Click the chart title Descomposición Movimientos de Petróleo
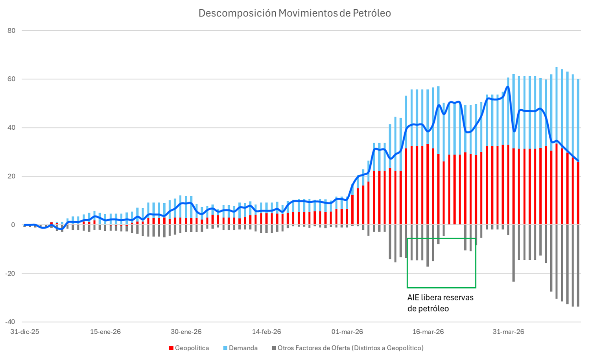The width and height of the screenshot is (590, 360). coord(295,13)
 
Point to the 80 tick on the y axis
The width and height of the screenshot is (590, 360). coord(12,31)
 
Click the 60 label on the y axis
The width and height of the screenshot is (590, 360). coord(12,79)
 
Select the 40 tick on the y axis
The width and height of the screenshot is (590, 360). coord(12,128)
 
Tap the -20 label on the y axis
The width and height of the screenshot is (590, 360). coord(11,274)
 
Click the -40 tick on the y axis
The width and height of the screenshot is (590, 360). coord(11,322)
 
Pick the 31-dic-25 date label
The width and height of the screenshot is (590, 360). coord(24,332)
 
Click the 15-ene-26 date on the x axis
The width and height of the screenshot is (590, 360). coord(105,332)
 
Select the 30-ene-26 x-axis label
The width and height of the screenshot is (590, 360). coord(186,332)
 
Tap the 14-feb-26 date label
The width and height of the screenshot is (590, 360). coord(267,332)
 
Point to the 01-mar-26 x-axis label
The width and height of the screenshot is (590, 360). coord(347,332)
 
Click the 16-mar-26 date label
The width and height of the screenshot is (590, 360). coord(428,332)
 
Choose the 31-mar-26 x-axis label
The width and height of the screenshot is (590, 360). coord(509,332)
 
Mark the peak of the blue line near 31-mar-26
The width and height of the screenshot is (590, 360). coord(508,87)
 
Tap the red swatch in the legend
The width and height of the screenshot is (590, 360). coord(171,348)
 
